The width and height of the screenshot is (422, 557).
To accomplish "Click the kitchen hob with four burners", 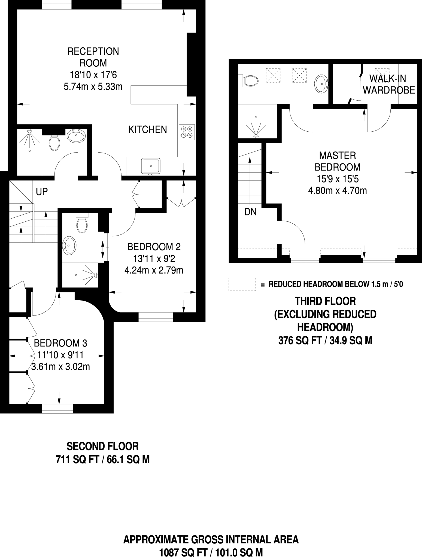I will click(187, 132).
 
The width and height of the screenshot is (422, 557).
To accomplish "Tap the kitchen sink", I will click(151, 166).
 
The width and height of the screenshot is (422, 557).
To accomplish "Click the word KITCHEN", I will click(147, 129).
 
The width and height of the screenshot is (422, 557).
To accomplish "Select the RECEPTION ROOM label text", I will click(93, 57).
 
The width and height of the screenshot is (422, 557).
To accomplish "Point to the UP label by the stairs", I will click(42, 192).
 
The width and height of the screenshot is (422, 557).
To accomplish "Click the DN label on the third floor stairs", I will click(250, 212).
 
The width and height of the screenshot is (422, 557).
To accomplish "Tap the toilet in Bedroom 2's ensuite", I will click(82, 224).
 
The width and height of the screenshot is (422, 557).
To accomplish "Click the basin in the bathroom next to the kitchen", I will click(76, 136).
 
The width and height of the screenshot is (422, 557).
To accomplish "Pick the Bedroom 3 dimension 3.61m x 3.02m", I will click(60, 367).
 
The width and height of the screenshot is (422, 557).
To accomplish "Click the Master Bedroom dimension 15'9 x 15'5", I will click(337, 179).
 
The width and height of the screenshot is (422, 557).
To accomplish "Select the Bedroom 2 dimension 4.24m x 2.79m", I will click(154, 270).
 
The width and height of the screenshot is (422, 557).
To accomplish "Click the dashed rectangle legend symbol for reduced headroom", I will click(242, 284).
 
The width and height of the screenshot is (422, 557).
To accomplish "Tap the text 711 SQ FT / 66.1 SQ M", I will click(102, 460).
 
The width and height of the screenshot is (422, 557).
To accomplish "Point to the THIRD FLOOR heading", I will click(325, 301).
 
